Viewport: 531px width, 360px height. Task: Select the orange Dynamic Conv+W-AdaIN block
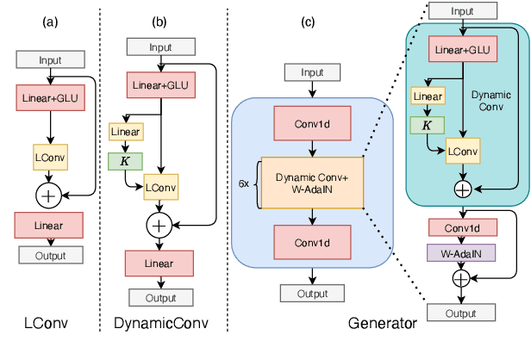pos(313,183)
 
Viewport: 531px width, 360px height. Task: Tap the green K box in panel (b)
pos(124,160)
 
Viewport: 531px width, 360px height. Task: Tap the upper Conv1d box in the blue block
pos(313,125)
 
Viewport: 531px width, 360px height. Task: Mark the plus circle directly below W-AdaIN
pos(462,278)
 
